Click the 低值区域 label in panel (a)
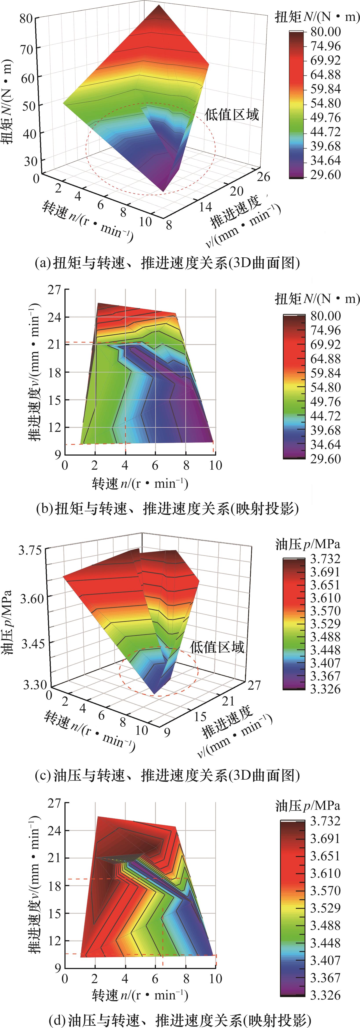pyautogui.click(x=232, y=115)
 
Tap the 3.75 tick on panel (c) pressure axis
pyautogui.click(x=30, y=550)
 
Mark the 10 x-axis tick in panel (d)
pyautogui.click(x=216, y=978)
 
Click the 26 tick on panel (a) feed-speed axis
pyautogui.click(x=263, y=176)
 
